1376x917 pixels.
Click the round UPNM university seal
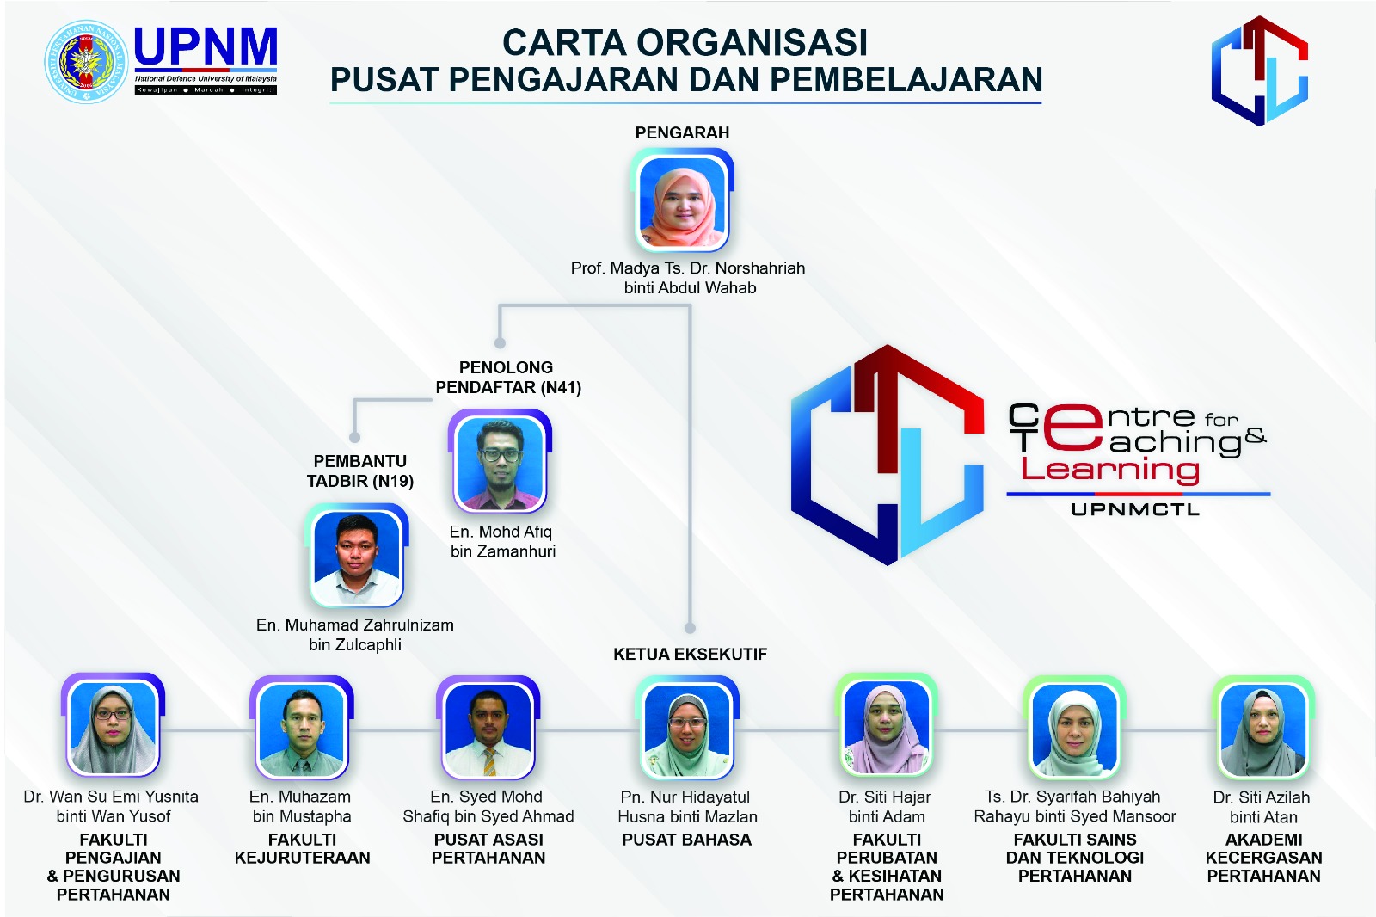[x=87, y=62]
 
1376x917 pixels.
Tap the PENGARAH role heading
[x=682, y=132]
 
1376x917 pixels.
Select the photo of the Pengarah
[x=682, y=201]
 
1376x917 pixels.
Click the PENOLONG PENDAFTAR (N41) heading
[x=508, y=378]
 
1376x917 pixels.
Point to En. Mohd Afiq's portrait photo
[x=500, y=462]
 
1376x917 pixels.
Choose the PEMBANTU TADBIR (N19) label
[x=360, y=471]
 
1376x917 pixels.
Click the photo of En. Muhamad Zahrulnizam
[x=357, y=556]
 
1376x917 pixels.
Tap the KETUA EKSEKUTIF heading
[x=690, y=654]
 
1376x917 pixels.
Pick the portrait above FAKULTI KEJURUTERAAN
[x=302, y=728]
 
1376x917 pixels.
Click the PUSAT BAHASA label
[x=687, y=840]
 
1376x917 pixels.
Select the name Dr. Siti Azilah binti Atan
[x=1262, y=807]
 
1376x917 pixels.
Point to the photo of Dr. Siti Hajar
[x=887, y=727]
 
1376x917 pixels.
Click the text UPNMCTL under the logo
[x=1135, y=509]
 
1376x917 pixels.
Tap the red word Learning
[x=1109, y=471]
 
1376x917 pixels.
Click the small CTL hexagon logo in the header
[x=1259, y=71]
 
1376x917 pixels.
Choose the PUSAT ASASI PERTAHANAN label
[x=488, y=849]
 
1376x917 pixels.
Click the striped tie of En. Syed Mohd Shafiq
[x=489, y=762]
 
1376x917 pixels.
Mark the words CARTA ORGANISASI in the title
[x=685, y=43]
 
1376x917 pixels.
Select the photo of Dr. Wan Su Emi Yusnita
[x=114, y=725]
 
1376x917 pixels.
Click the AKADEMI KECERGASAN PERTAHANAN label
[x=1263, y=858]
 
